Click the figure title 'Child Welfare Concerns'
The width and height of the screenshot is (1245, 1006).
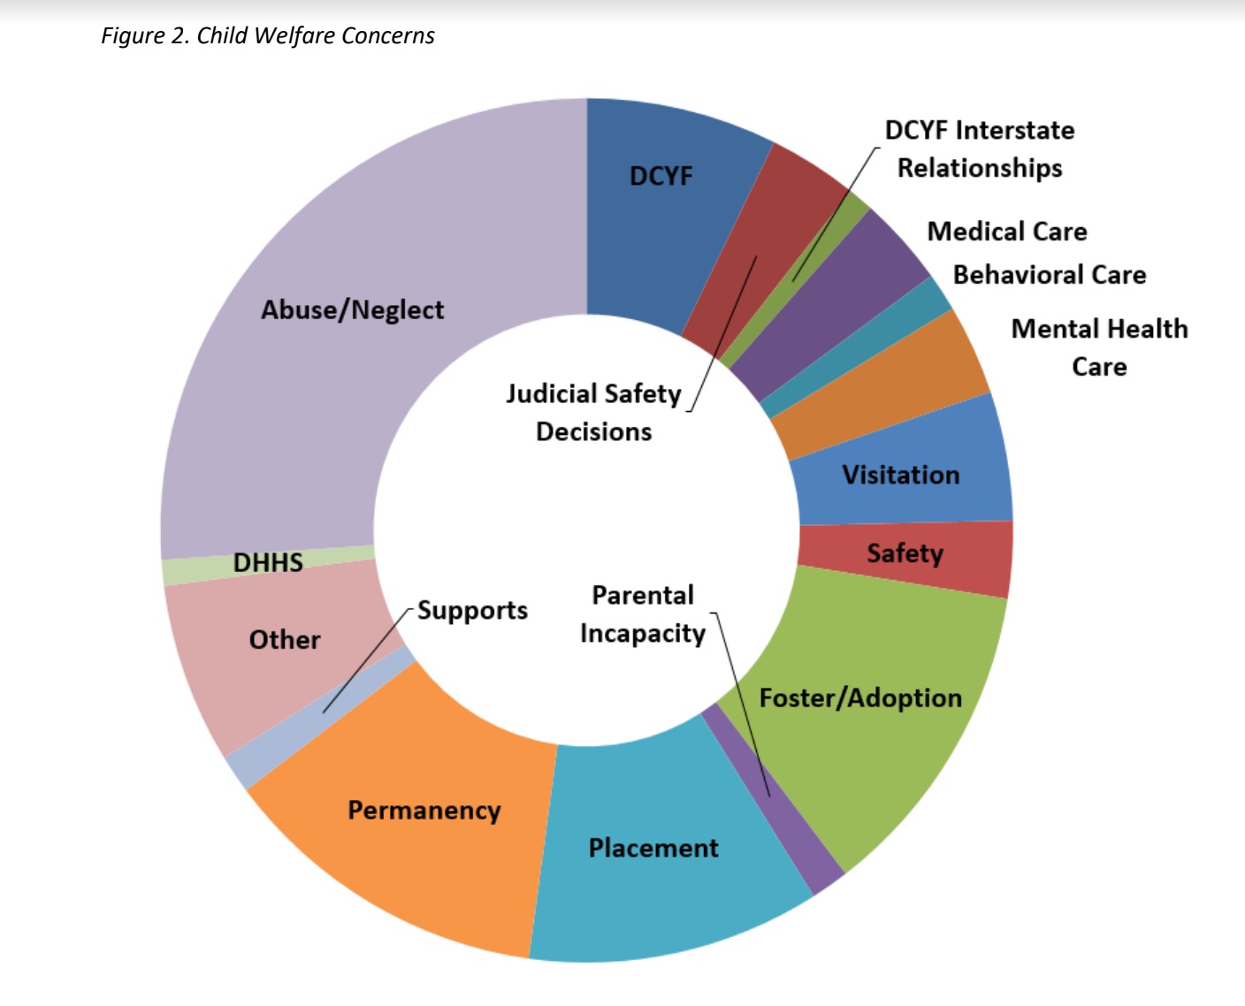268,36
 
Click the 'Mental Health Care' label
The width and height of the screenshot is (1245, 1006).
1099,347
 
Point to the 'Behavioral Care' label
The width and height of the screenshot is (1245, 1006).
1049,275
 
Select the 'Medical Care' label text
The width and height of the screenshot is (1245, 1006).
1006,232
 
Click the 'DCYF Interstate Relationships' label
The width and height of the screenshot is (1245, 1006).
980,149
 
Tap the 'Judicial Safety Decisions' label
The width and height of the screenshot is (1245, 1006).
593,412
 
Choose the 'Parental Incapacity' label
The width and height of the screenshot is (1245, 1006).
643,614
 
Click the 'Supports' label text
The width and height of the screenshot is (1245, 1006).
472,611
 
